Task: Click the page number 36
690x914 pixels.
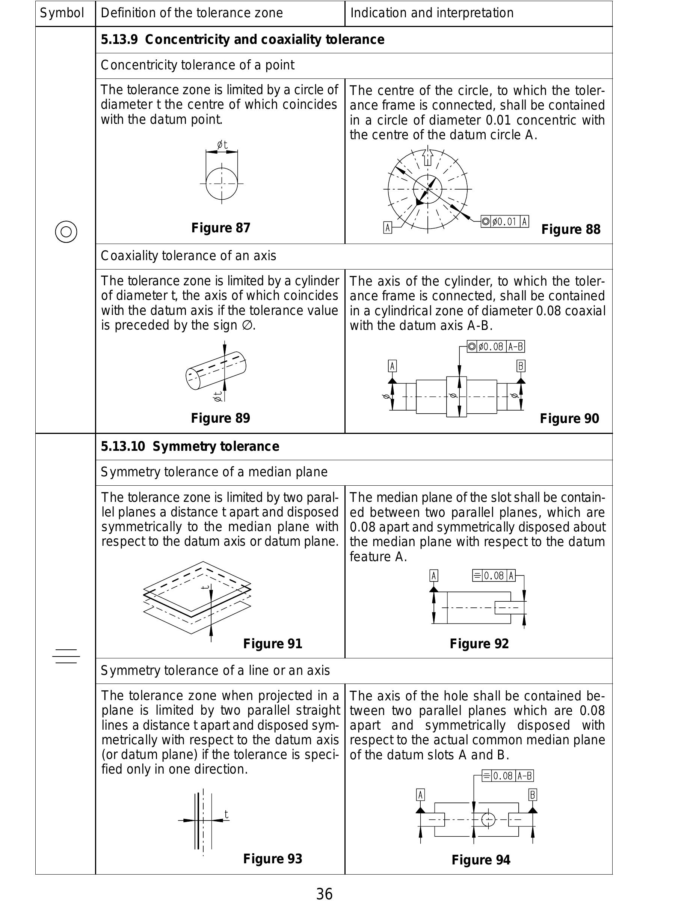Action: click(324, 894)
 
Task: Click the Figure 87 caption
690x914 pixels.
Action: click(221, 228)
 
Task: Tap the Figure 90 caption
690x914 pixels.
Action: click(569, 419)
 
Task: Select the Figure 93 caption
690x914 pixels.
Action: click(272, 858)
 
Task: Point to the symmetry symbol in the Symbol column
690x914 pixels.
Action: click(66, 656)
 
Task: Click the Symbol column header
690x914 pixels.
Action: click(62, 13)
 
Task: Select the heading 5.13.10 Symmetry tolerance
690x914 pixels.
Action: click(190, 447)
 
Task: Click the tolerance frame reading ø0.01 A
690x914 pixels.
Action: click(504, 222)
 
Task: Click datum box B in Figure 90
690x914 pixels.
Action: click(521, 366)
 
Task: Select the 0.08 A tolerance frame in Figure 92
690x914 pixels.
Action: click(494, 575)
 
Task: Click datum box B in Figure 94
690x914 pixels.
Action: click(533, 795)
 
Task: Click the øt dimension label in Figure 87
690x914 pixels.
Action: click(222, 145)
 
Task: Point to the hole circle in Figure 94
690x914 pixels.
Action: click(488, 819)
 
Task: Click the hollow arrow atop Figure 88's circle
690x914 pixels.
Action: click(427, 157)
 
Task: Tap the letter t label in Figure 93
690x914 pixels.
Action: click(226, 815)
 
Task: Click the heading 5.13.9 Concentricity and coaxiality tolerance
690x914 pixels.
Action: click(243, 40)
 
